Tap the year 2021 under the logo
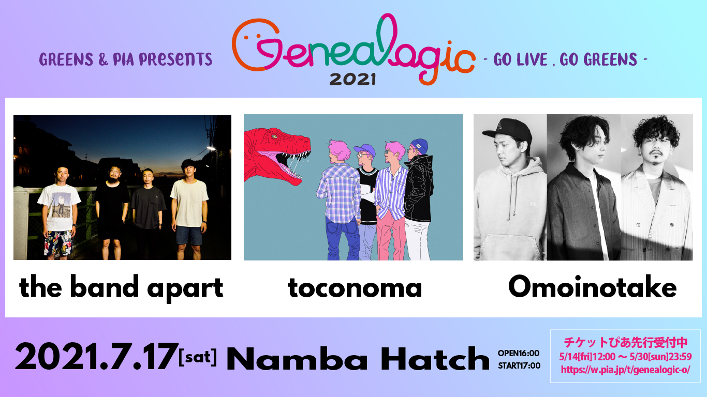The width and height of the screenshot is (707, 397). pyautogui.click(x=352, y=79)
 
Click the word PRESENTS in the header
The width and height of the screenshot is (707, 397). pyautogui.click(x=175, y=59)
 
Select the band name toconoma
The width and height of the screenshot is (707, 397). pyautogui.click(x=355, y=287)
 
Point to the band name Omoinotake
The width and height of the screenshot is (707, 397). pyautogui.click(x=592, y=286)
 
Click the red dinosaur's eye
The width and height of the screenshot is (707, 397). pyautogui.click(x=274, y=136)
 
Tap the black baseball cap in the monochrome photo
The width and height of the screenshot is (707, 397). pyautogui.click(x=508, y=130)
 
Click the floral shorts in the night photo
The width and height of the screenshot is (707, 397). pyautogui.click(x=58, y=243)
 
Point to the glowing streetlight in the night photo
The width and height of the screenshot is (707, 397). pyautogui.click(x=211, y=148)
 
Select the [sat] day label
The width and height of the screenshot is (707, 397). pyautogui.click(x=198, y=357)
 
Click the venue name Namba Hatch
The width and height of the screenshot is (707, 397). pyautogui.click(x=358, y=359)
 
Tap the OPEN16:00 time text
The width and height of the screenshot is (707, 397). pyautogui.click(x=519, y=353)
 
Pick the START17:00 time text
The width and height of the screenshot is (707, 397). pyautogui.click(x=519, y=366)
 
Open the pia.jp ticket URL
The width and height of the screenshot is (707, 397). pyautogui.click(x=625, y=370)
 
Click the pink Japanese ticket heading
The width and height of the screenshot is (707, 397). pyautogui.click(x=626, y=342)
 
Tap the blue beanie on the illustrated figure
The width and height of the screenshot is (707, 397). pyautogui.click(x=420, y=146)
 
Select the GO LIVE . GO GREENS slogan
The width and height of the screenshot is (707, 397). pyautogui.click(x=565, y=59)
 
